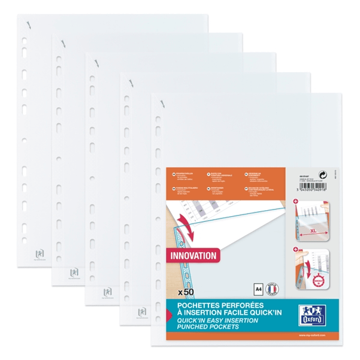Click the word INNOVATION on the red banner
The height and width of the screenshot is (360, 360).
(x=193, y=255)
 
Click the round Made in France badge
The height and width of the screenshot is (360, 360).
(x=272, y=290)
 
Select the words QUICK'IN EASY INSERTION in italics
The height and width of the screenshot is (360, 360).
(x=212, y=320)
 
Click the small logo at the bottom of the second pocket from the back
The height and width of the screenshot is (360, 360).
(x=74, y=273)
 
